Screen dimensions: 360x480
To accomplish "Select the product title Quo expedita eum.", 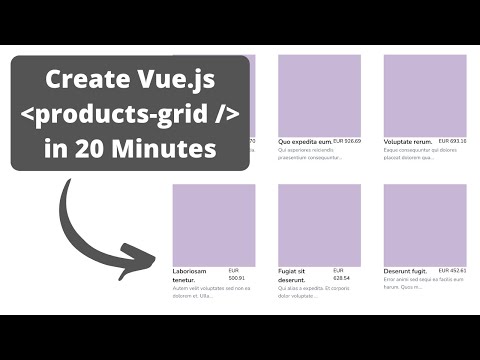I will (304, 142).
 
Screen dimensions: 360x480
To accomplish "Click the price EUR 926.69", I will (347, 142).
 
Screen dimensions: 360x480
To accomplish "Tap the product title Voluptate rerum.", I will (411, 142).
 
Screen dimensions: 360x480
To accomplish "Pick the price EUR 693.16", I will (453, 142).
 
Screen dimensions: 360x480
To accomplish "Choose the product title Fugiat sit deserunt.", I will (298, 275).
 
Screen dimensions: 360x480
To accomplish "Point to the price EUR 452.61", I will (453, 271).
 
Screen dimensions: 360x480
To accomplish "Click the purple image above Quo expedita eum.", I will (319, 94).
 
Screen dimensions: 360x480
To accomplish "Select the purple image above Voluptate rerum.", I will (425, 94).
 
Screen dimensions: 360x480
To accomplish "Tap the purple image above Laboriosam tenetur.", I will (213, 225).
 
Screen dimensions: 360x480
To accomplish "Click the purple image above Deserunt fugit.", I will (425, 225).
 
